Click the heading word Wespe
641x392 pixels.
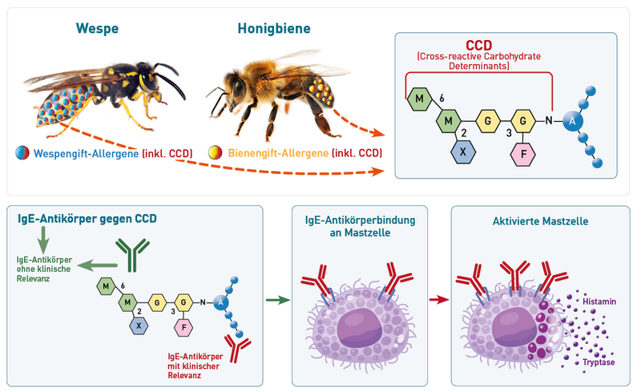pos(97,29)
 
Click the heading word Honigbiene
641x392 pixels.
pos(274,29)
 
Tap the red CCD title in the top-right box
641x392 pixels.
pos(478,45)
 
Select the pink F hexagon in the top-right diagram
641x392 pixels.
pos(523,154)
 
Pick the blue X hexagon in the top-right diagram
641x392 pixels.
pos(463,152)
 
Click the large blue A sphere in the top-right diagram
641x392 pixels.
pos(572,121)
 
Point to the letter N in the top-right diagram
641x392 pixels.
pos(549,121)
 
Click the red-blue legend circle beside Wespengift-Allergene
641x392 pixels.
pos(22,152)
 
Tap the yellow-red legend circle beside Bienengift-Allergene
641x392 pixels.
pos(215,152)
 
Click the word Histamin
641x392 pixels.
pos(599,301)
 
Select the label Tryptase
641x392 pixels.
pos(599,362)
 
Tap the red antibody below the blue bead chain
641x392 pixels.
pos(237,349)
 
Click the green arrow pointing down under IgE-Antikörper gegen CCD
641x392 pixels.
pos(43,240)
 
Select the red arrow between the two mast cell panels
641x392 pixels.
pos(439,300)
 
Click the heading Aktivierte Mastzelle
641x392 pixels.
pos(540,221)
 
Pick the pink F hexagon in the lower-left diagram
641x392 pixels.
pos(183,327)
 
